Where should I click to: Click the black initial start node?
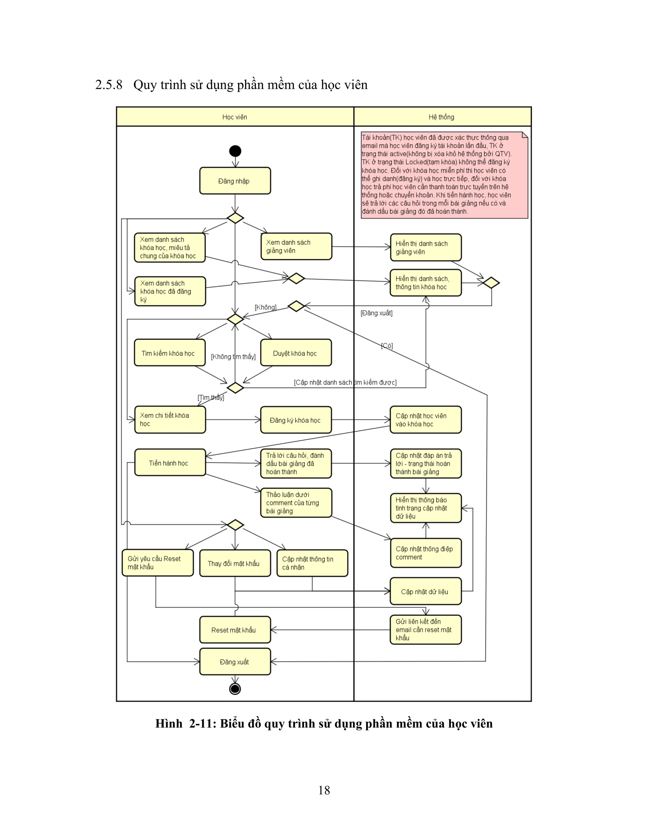pyautogui.click(x=235, y=151)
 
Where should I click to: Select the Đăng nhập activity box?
pyautogui.click(x=235, y=181)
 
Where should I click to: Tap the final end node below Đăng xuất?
pyautogui.click(x=235, y=689)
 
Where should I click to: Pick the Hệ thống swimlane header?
pyautogui.click(x=441, y=117)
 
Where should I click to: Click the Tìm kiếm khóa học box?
pyautogui.click(x=169, y=353)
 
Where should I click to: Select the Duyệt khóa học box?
pyautogui.click(x=296, y=353)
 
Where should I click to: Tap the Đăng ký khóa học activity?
pyautogui.click(x=296, y=420)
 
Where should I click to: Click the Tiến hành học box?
pyautogui.click(x=170, y=463)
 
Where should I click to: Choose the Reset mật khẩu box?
pyautogui.click(x=235, y=630)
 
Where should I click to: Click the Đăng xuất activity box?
pyautogui.click(x=235, y=662)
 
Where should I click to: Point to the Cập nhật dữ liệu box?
pyautogui.click(x=425, y=591)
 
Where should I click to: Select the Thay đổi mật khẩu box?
pyautogui.click(x=235, y=563)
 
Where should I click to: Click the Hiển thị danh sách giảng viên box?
pyautogui.click(x=425, y=248)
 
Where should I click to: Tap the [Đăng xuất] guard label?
pyautogui.click(x=376, y=313)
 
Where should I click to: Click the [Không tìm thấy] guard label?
pyautogui.click(x=233, y=356)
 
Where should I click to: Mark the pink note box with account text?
pyautogui.click(x=444, y=175)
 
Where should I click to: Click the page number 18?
pyautogui.click(x=324, y=790)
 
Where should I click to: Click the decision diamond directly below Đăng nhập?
pyautogui.click(x=235, y=218)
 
